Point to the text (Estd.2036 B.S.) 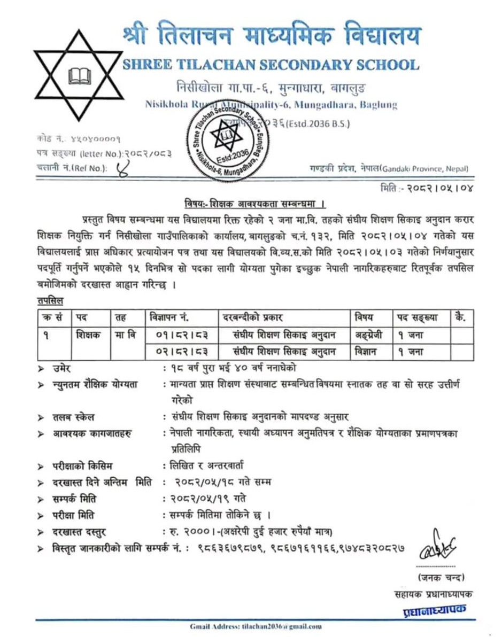click(318, 125)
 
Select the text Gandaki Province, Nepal click(424, 169)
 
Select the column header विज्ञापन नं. click(167, 317)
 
